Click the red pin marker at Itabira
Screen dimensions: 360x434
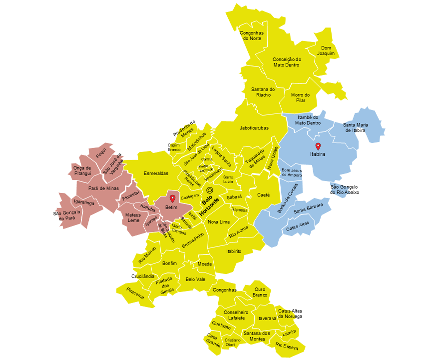tap(318, 146)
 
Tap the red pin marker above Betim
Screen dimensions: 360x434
tap(172, 198)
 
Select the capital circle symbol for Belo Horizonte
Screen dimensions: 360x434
tap(210, 190)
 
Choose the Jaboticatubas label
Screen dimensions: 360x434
tap(254, 128)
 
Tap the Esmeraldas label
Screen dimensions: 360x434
tap(156, 173)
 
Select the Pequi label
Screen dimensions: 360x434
tap(101, 155)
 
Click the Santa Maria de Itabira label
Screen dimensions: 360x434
tap(355, 127)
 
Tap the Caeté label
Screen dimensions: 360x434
tap(264, 195)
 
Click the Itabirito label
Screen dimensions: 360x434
tap(234, 251)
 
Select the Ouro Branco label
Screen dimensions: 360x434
tap(260, 292)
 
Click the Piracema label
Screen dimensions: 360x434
tap(135, 293)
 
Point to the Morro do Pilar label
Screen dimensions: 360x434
tap(300, 97)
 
